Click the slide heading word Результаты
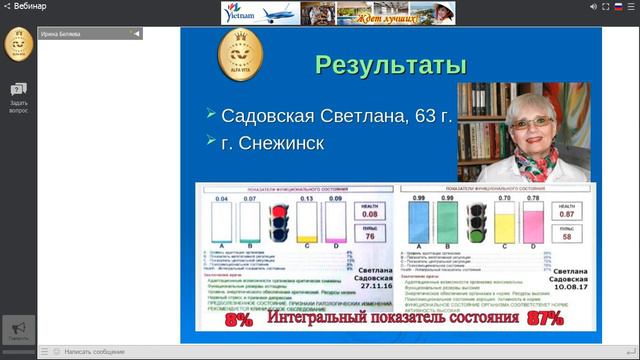[x=391, y=66]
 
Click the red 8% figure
[x=239, y=320]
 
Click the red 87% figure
[x=544, y=319]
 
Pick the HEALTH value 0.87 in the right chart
[x=566, y=214]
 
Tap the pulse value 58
[x=566, y=237]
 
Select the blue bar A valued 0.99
[x=419, y=224]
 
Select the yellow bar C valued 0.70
[x=505, y=224]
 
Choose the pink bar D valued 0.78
[x=534, y=224]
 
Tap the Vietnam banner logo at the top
[x=250, y=12]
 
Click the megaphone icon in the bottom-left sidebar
[x=17, y=329]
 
